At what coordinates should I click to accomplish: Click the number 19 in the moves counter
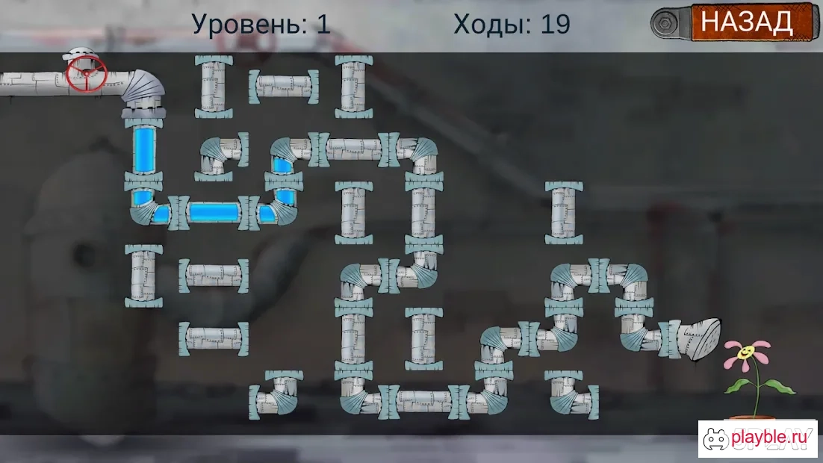pos(556,24)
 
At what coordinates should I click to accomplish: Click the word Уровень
pos(249,24)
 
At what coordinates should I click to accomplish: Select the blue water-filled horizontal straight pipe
pos(214,213)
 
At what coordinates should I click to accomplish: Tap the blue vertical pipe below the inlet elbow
pos(143,150)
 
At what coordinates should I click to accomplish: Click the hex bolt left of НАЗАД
pos(665,24)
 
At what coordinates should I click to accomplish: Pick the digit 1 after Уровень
pos(323,24)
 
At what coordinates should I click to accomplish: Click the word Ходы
pos(488,24)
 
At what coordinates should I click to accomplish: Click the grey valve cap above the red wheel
pos(81,53)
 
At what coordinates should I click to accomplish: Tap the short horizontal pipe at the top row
pos(284,87)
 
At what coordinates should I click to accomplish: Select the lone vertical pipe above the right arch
pos(564,213)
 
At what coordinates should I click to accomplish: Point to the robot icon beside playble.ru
pos(715,439)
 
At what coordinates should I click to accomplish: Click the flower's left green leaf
pos(737,386)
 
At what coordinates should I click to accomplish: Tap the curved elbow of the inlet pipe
pos(144,90)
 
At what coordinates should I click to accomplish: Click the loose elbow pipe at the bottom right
pos(571,395)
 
